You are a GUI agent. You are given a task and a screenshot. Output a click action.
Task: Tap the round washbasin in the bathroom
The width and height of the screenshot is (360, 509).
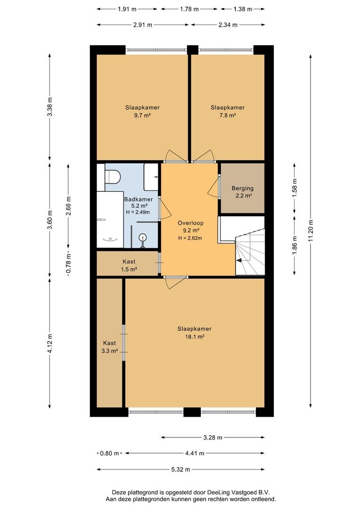(142, 238)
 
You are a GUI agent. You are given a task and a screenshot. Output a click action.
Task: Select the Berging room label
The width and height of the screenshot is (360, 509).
(243, 188)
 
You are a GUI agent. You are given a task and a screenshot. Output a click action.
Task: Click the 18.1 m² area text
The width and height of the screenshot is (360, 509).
(195, 337)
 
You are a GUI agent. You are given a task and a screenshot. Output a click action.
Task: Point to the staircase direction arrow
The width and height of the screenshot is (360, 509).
(240, 260)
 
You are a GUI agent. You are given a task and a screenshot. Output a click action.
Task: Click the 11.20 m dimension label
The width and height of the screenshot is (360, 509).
(311, 231)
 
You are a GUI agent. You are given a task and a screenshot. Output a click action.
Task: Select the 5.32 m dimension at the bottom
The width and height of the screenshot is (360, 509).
(181, 469)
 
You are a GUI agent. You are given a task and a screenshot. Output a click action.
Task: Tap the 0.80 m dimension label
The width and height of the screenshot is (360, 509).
(110, 453)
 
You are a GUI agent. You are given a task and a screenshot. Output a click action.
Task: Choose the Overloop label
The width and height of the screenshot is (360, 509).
(190, 223)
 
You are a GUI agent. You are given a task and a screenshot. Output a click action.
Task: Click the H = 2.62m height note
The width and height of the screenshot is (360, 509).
(190, 238)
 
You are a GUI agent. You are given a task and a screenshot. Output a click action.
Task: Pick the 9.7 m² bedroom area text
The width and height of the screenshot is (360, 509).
(142, 115)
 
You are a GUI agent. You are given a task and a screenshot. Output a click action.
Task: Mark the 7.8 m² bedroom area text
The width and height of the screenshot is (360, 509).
(228, 115)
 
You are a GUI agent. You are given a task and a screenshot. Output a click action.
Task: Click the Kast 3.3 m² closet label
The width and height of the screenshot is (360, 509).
(109, 347)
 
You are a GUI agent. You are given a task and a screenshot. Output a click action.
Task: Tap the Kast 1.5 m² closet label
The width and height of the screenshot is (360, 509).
(129, 265)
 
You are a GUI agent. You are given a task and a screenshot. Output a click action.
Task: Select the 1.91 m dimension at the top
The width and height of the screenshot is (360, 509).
(127, 9)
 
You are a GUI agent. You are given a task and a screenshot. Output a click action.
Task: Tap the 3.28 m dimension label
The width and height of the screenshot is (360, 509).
(213, 437)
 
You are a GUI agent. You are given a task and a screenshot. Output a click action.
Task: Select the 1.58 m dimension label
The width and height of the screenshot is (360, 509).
(295, 188)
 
